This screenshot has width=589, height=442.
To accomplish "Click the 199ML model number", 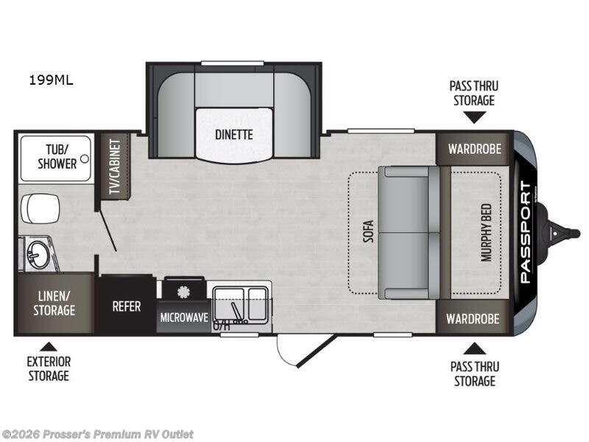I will pos(52,80).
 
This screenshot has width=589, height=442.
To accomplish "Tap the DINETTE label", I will pos(235,135).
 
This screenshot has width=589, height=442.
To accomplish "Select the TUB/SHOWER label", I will pos(57,157).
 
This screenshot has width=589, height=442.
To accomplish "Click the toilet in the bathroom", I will pos(40,208).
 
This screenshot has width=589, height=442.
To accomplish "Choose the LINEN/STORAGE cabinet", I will pos(54,304).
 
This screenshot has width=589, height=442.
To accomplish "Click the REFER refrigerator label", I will pos(126,306).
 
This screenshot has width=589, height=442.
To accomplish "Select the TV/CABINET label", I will pos(115,166).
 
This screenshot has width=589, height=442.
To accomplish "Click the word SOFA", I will pos(367,234).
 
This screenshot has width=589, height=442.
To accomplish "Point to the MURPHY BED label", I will pos(487,234).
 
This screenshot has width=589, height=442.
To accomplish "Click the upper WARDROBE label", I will pos(475,148).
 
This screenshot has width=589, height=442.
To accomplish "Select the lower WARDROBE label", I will pos(475,319).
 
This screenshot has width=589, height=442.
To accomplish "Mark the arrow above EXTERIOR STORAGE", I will pos(49,345).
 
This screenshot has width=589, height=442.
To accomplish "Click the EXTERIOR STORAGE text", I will pos(49,368).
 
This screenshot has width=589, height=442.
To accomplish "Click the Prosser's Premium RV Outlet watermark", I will pos(98,434).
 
